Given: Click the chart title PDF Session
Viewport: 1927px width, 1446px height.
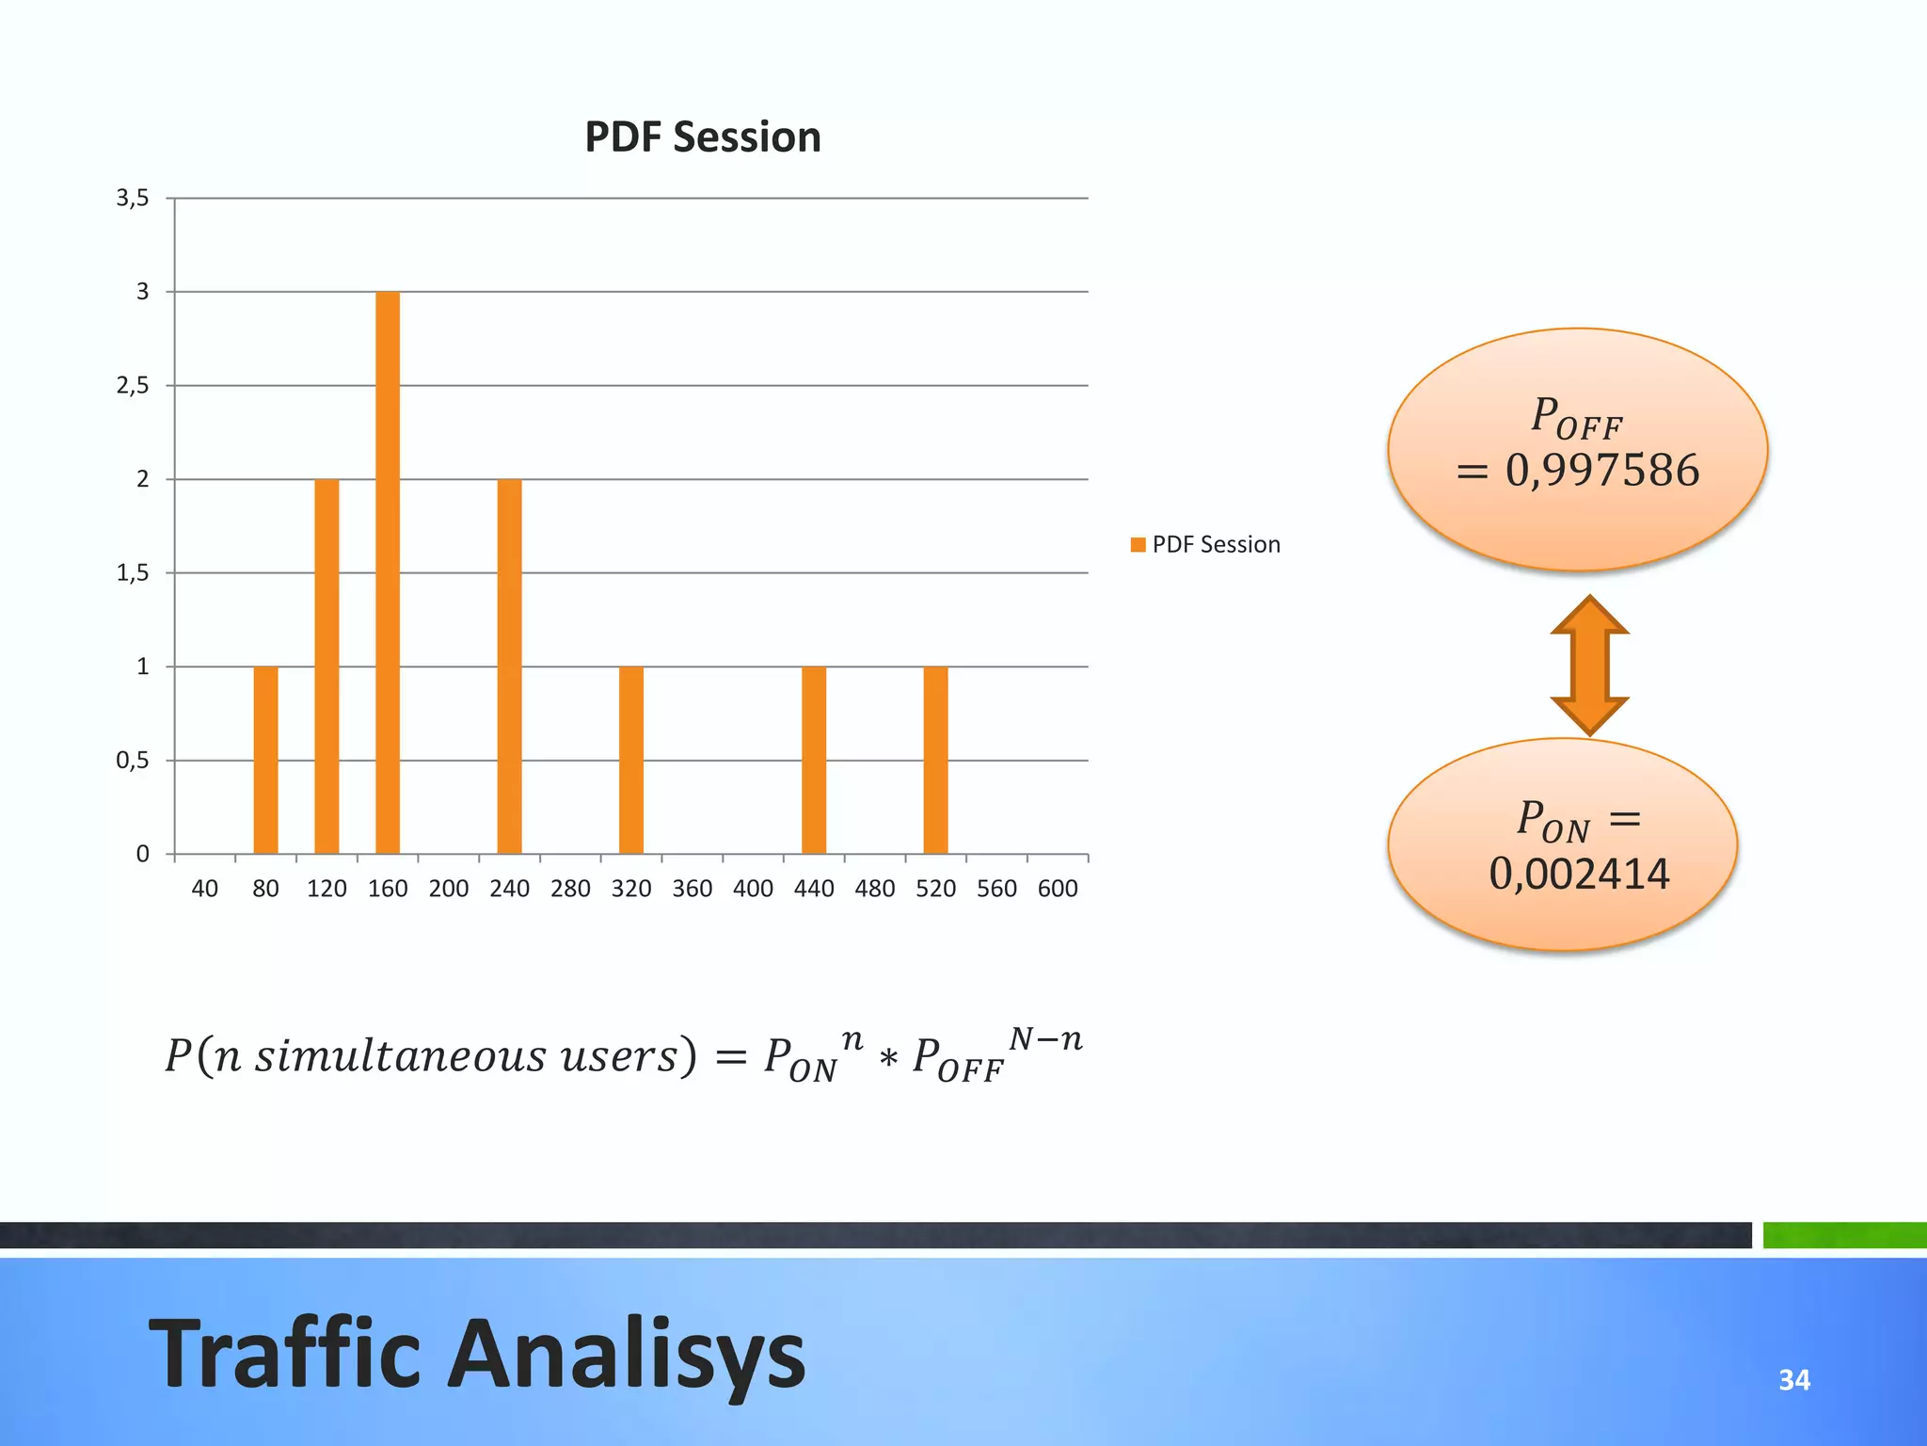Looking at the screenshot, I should pos(702,137).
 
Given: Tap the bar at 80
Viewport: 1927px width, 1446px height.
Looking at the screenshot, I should pos(266,760).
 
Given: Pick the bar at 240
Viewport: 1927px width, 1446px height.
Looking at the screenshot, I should pos(509,666).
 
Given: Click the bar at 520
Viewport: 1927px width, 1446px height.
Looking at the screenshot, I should pos(935,760).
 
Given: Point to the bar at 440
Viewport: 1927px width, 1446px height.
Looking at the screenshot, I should pos(814,760).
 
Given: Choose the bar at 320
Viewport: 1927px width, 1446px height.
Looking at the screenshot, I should pos(631,760).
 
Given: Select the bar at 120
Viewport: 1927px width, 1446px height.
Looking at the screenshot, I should pos(326,666).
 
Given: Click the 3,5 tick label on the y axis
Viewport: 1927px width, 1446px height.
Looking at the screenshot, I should pos(133,198).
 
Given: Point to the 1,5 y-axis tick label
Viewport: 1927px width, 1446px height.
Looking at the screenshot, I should pos(133,572).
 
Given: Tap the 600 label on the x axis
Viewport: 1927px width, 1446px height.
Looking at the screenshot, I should pos(1058,889).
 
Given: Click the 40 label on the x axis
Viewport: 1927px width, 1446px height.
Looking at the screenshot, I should pos(205,889).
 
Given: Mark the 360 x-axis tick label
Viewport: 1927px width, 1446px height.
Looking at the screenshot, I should pos(693,889).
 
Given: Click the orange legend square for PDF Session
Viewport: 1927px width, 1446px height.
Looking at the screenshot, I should pos(1139,545).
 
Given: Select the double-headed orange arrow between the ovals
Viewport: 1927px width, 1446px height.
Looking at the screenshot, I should pos(1590,665).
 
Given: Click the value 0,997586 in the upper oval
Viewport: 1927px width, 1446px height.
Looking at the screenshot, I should pos(1602,471).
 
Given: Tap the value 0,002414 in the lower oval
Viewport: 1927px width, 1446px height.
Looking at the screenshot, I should pos(1579,874).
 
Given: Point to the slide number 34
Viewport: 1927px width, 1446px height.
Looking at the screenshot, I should pos(1794,1380).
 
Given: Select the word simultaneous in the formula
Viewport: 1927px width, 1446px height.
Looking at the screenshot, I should pos(401,1056).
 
